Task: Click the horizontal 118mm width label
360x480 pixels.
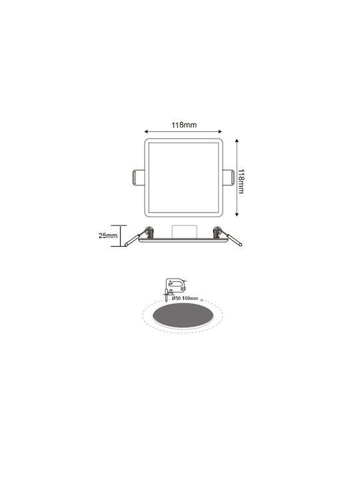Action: (184, 125)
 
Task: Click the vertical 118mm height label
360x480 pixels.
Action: (241, 181)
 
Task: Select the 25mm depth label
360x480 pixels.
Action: (108, 236)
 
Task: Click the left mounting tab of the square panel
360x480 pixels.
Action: (138, 177)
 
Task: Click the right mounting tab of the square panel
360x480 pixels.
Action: (229, 177)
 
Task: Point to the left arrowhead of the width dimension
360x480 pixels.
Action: (146, 131)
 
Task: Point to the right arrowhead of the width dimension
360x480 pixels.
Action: (220, 131)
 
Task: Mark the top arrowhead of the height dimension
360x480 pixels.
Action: (237, 141)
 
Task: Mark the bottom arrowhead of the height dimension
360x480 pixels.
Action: (237, 214)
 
